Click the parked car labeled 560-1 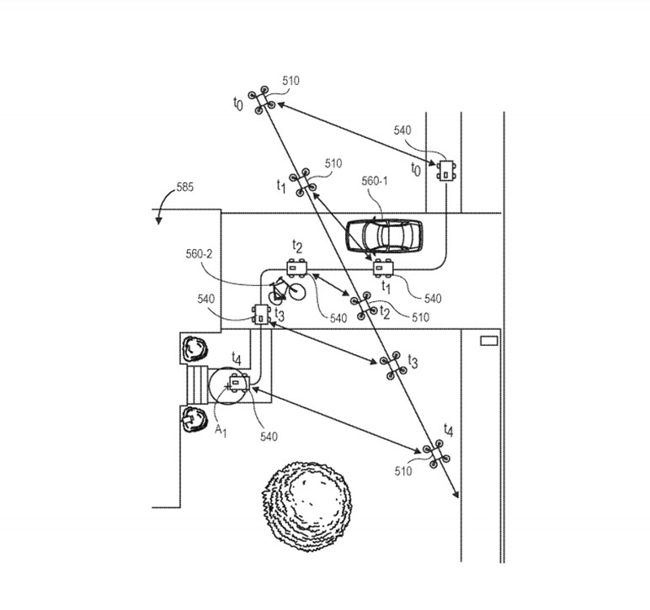click(384, 236)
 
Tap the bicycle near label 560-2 click(286, 290)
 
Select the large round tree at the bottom click(307, 506)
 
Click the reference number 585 click(185, 187)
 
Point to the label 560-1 click(375, 181)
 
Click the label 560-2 click(199, 254)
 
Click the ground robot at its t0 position click(446, 170)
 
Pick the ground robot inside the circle click(240, 383)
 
